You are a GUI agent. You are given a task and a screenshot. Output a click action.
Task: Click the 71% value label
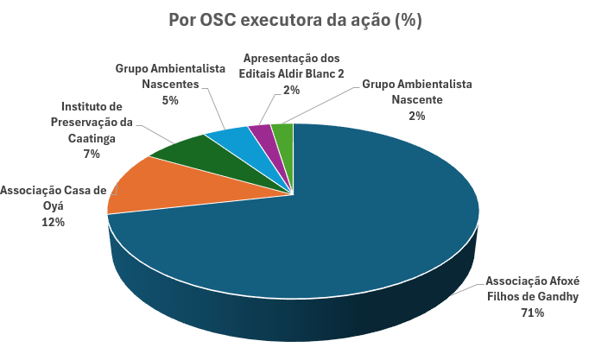(532, 313)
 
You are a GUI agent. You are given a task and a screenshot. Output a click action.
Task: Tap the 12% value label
(52, 222)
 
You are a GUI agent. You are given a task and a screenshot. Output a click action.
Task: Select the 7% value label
(91, 154)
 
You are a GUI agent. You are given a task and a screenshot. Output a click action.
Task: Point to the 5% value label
(170, 100)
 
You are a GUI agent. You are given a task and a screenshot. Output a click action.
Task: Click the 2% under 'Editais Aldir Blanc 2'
(291, 90)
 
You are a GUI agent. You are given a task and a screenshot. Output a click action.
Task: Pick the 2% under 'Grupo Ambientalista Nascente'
(417, 116)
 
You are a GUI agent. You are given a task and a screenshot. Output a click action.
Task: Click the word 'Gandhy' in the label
(557, 296)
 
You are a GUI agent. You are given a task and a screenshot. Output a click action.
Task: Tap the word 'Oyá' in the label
(53, 205)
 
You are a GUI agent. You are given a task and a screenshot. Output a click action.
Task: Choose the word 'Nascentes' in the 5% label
(170, 84)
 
